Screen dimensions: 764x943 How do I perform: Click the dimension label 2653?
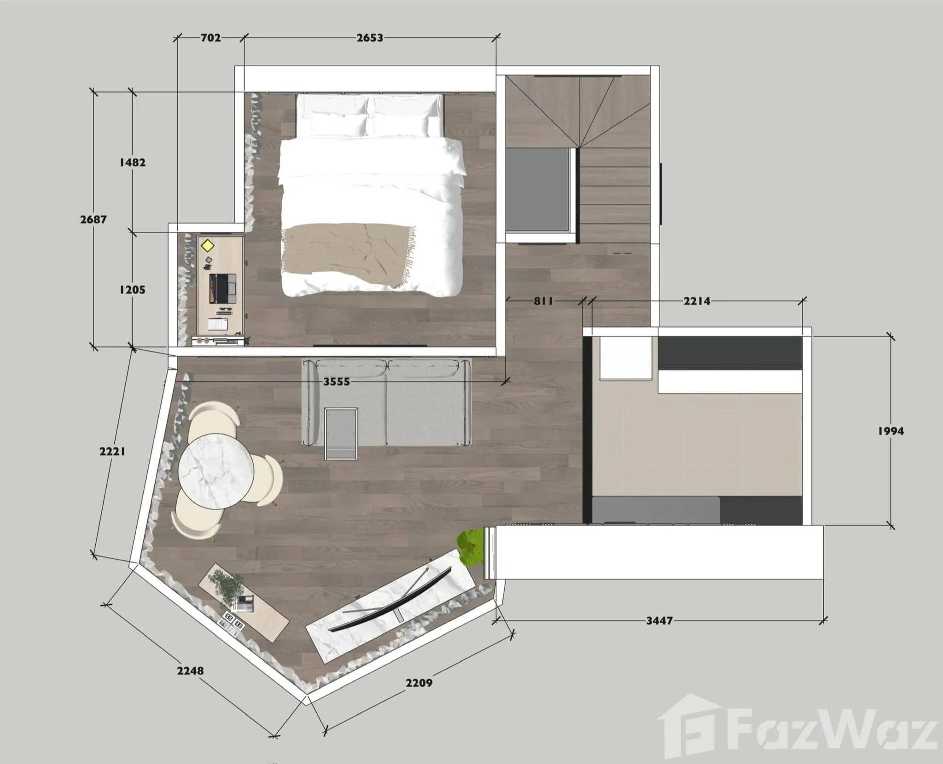tap(370, 38)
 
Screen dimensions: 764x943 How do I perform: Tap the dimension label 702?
tap(210, 38)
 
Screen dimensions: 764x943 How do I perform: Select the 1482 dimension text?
tap(133, 162)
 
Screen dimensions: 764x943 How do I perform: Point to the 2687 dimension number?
tap(93, 219)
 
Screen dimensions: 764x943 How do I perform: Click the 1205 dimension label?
tap(132, 289)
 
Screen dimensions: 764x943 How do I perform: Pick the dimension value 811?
tap(543, 301)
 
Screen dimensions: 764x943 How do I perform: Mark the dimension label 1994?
tap(891, 431)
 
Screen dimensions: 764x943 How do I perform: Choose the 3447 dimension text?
tap(659, 621)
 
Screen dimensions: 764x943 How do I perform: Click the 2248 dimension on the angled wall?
tap(191, 671)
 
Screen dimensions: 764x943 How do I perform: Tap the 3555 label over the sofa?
tap(337, 382)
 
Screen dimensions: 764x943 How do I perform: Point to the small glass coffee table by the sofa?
tap(341, 433)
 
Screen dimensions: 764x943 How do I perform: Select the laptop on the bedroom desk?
tap(223, 289)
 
